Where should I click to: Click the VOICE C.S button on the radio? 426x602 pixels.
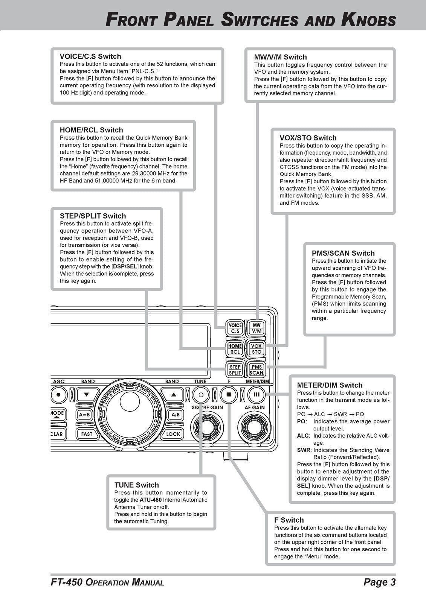pos(235,328)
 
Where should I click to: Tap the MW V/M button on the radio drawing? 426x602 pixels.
pos(257,328)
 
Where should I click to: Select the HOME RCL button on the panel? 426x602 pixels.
pos(235,349)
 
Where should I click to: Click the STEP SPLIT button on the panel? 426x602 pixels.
pos(235,369)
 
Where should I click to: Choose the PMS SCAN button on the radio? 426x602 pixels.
pos(257,369)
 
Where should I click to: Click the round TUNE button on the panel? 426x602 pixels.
pos(200,395)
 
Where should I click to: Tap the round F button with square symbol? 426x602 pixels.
pos(229,395)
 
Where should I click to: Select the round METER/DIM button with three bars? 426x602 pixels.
pos(257,395)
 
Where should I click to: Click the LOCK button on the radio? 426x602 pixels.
pos(173,434)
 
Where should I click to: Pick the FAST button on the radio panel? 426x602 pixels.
pos(87,434)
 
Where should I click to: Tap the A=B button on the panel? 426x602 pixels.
pos(84,415)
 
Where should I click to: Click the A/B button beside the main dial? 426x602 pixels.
pos(175,415)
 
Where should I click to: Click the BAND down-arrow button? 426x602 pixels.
pos(87,395)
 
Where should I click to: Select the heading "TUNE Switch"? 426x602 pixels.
pos(136,485)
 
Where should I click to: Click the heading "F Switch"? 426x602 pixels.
pos(289,520)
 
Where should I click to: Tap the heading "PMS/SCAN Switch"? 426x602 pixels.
pos(343,253)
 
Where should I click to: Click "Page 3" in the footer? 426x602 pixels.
pos(379,582)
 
